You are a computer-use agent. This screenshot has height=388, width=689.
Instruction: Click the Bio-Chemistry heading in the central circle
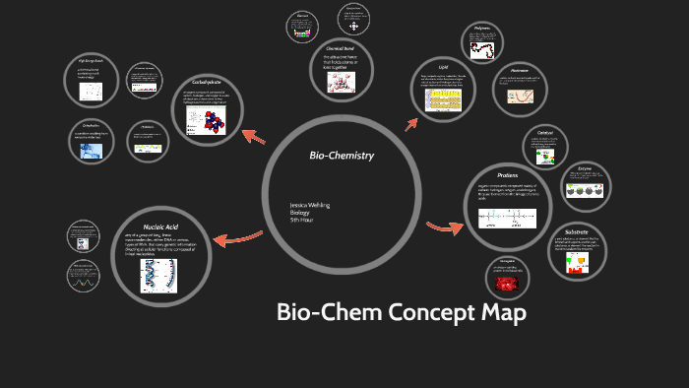[x=342, y=156]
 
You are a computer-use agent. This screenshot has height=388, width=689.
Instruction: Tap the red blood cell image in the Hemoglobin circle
[x=508, y=284]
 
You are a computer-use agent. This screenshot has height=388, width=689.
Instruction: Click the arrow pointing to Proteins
[x=445, y=228]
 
